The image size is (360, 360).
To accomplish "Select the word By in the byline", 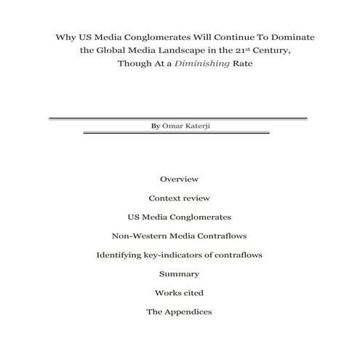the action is click(x=155, y=125).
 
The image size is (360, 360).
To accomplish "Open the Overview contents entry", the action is click(x=179, y=178).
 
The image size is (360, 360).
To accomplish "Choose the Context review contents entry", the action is click(x=179, y=197).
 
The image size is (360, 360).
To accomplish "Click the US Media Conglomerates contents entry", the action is click(x=179, y=217).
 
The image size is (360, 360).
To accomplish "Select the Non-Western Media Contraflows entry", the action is click(x=179, y=236).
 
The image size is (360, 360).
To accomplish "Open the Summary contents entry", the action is click(x=179, y=274).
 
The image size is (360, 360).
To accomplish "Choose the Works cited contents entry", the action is click(x=179, y=293).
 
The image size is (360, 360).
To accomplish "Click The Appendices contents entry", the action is click(x=179, y=312).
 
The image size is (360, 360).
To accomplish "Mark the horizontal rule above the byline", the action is click(x=178, y=118).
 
